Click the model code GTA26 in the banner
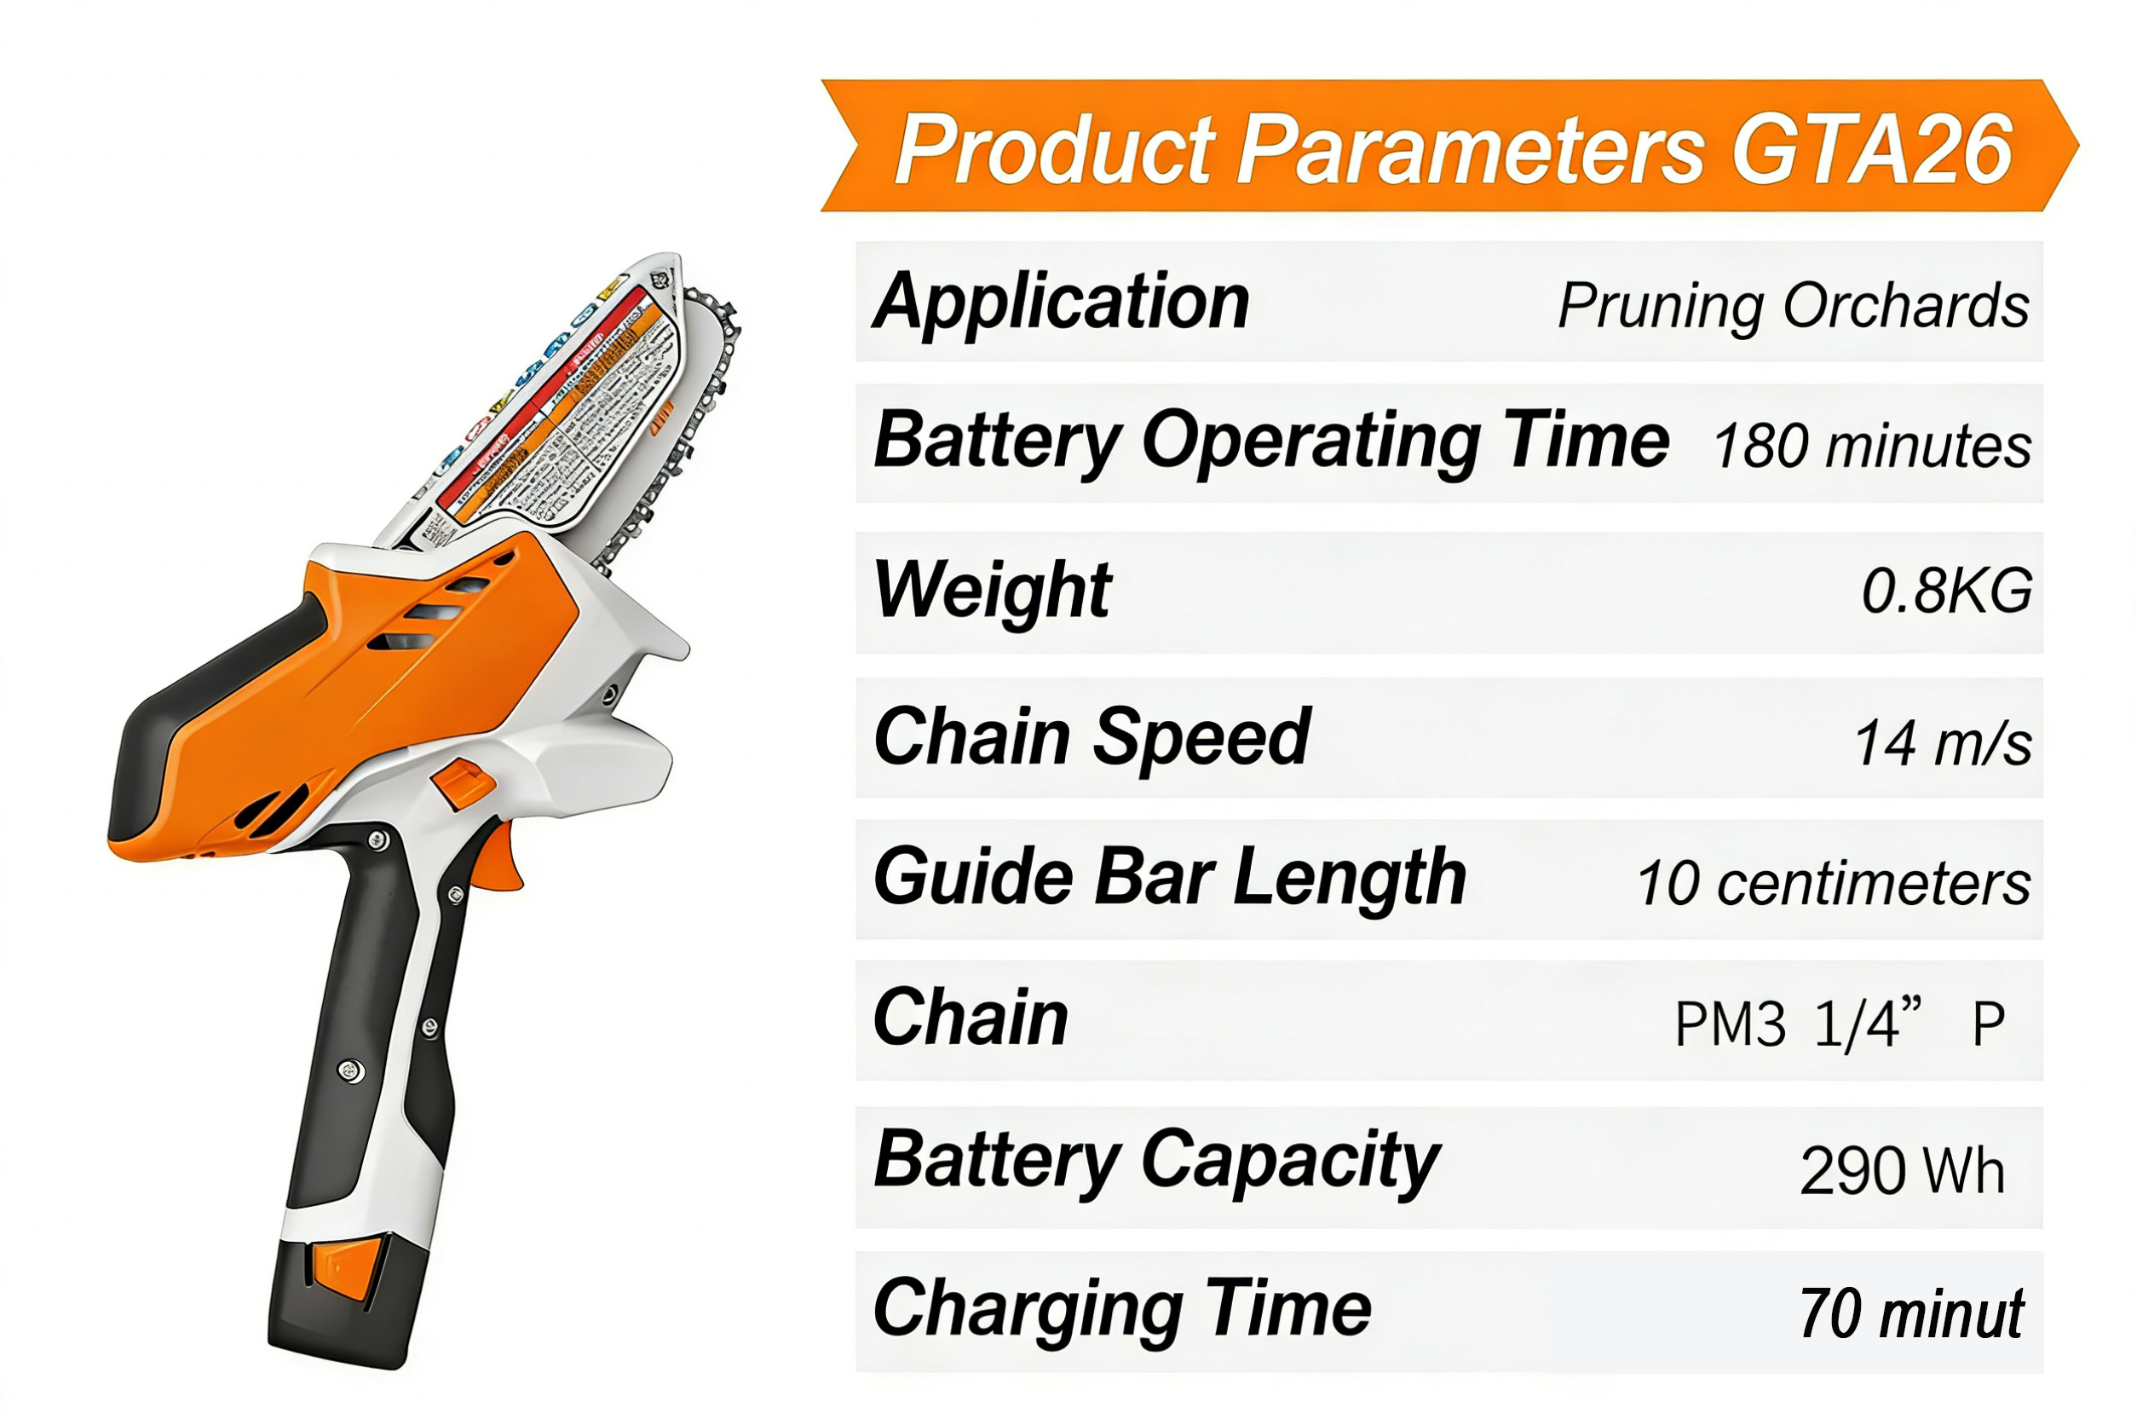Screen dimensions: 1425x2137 [1873, 148]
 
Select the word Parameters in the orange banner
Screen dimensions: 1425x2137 [1471, 148]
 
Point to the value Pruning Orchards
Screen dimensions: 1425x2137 [1793, 305]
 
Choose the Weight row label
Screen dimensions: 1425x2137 [991, 590]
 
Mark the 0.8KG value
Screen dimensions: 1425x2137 [1946, 591]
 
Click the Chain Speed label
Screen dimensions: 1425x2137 [1091, 737]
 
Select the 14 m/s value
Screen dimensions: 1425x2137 [1943, 743]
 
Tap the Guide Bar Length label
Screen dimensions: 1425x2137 [1169, 877]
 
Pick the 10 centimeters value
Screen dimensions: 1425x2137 [1834, 882]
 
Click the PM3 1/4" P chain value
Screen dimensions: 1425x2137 [1839, 1024]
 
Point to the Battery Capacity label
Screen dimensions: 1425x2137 [1155, 1161]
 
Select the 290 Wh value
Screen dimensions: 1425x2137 [1902, 1170]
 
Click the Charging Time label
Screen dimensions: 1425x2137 [1122, 1309]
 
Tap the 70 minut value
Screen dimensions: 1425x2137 [1910, 1314]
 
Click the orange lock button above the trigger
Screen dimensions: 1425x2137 [464, 783]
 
